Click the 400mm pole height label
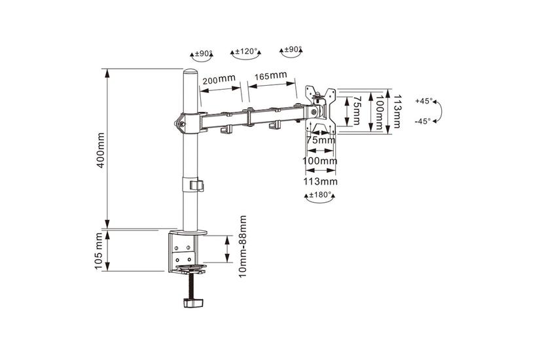click(101, 150)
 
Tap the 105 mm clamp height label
click(99, 251)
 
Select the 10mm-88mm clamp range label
click(243, 246)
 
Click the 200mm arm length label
click(219, 80)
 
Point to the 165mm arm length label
click(271, 75)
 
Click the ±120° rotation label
click(247, 52)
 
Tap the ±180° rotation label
click(320, 195)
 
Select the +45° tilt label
click(423, 101)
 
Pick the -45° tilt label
click(423, 121)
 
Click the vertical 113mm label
click(397, 112)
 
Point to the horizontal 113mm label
click(320, 181)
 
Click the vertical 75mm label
click(357, 110)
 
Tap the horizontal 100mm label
click(320, 161)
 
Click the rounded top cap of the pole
click(190, 73)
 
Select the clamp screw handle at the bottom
click(193, 302)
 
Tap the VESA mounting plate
click(320, 109)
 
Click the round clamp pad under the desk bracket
click(190, 267)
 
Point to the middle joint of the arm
click(248, 117)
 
